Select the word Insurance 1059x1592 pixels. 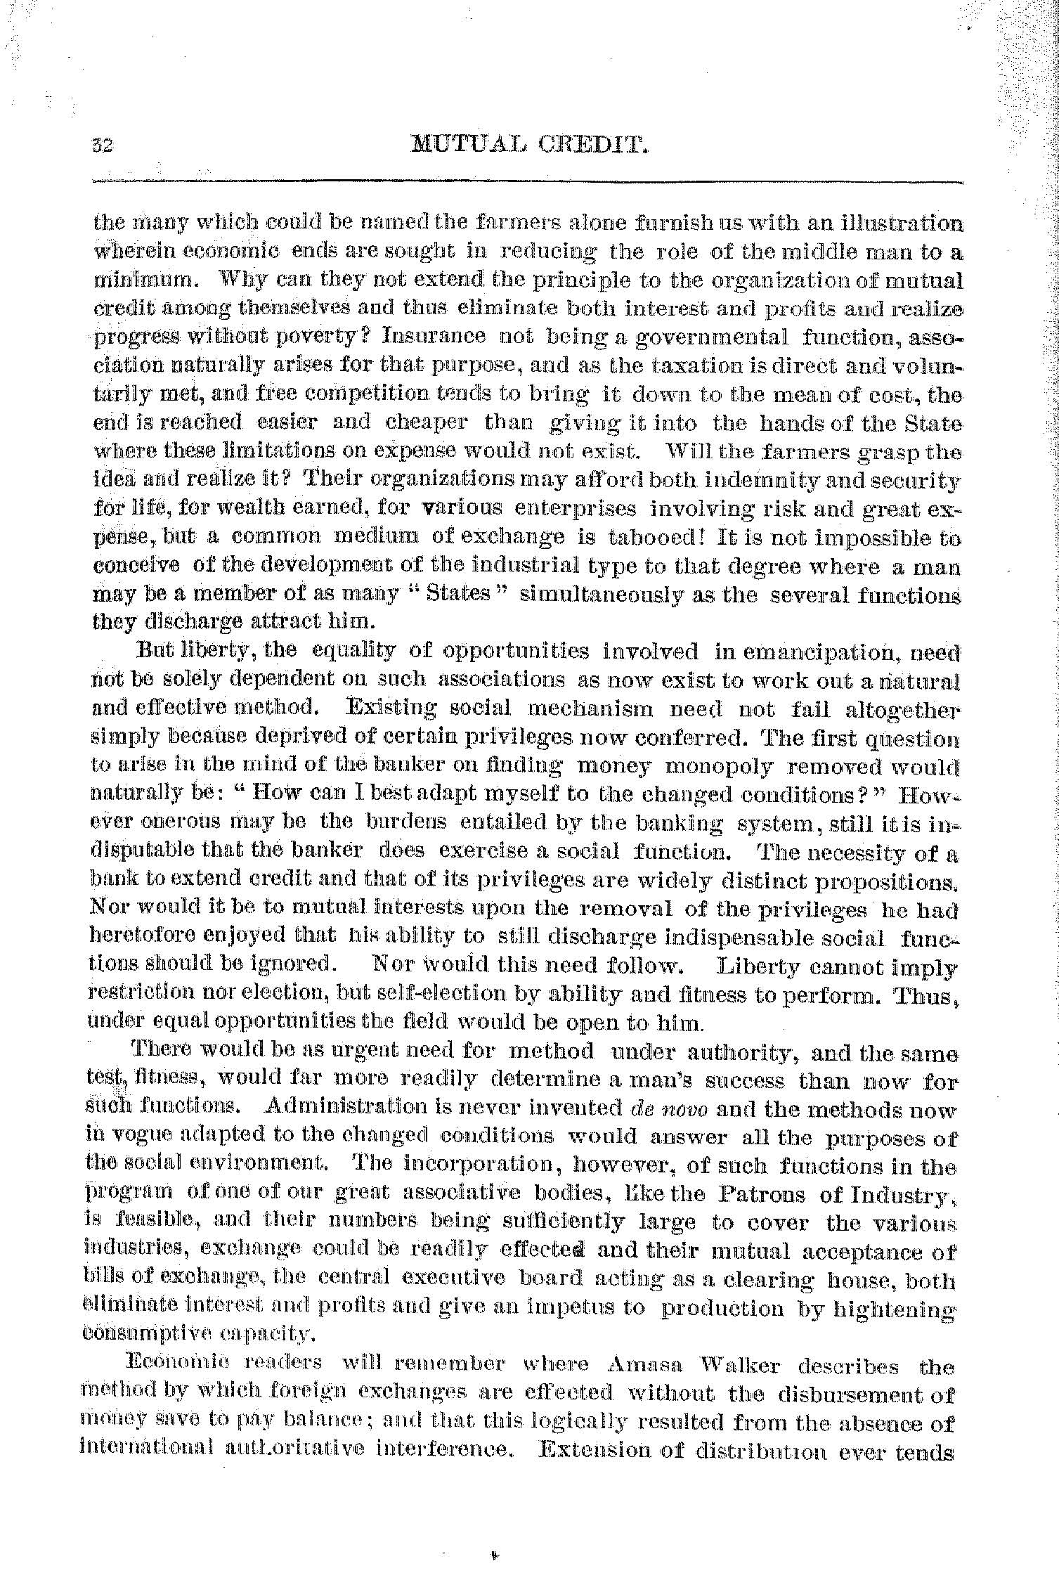click(x=434, y=337)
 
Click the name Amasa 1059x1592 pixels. click(x=644, y=1367)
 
